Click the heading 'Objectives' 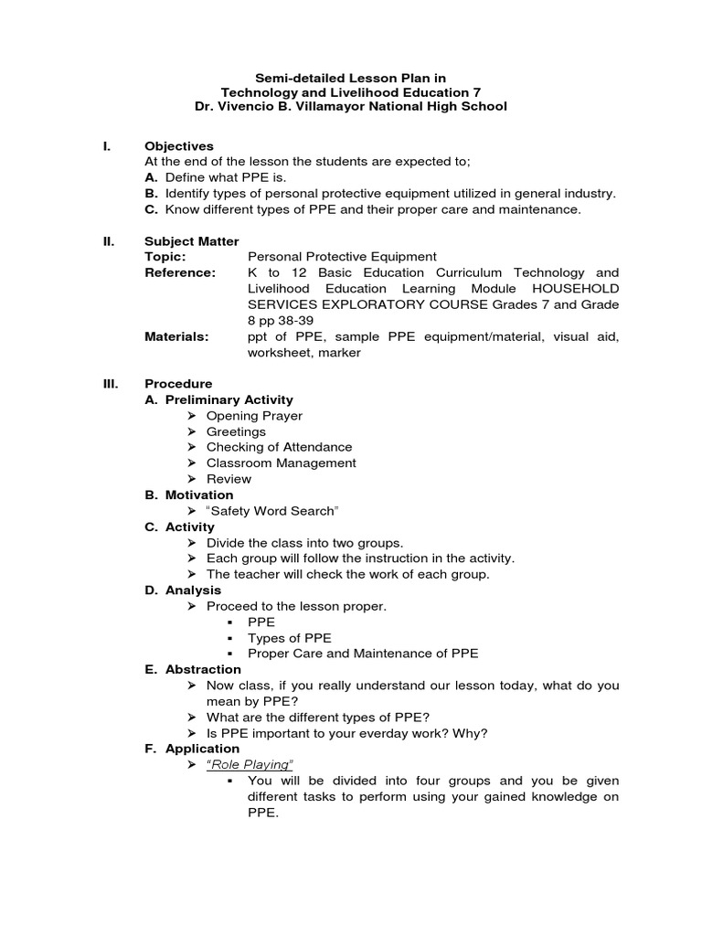[179, 146]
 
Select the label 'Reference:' [180, 272]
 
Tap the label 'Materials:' [176, 336]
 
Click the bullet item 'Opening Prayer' [254, 416]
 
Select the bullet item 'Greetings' [236, 431]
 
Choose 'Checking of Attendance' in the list [279, 447]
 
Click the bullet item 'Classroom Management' [281, 463]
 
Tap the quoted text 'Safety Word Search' [266, 511]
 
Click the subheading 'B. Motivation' [189, 495]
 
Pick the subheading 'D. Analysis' [183, 590]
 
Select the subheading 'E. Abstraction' [193, 669]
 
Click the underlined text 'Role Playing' [251, 764]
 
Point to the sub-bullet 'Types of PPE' [290, 637]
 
